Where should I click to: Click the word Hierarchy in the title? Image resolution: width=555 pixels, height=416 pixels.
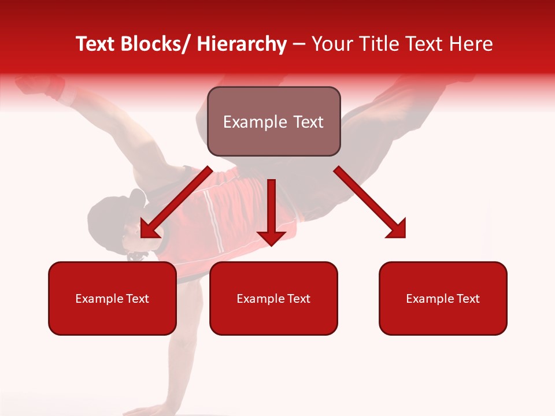click(x=242, y=44)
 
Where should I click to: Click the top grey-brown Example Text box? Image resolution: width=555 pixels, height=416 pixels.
click(x=273, y=121)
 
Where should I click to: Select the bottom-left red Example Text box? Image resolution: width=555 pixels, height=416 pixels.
click(x=112, y=298)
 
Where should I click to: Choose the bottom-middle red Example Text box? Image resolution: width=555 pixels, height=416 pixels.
click(x=273, y=298)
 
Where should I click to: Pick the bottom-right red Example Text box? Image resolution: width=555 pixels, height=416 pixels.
click(x=443, y=298)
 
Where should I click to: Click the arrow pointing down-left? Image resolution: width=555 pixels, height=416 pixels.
click(x=176, y=202)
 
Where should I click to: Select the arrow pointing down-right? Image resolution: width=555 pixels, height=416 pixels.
click(x=370, y=202)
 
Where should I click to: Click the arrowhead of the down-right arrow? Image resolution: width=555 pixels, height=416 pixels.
click(x=397, y=229)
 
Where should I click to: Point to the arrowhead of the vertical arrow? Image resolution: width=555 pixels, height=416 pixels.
click(x=271, y=236)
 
